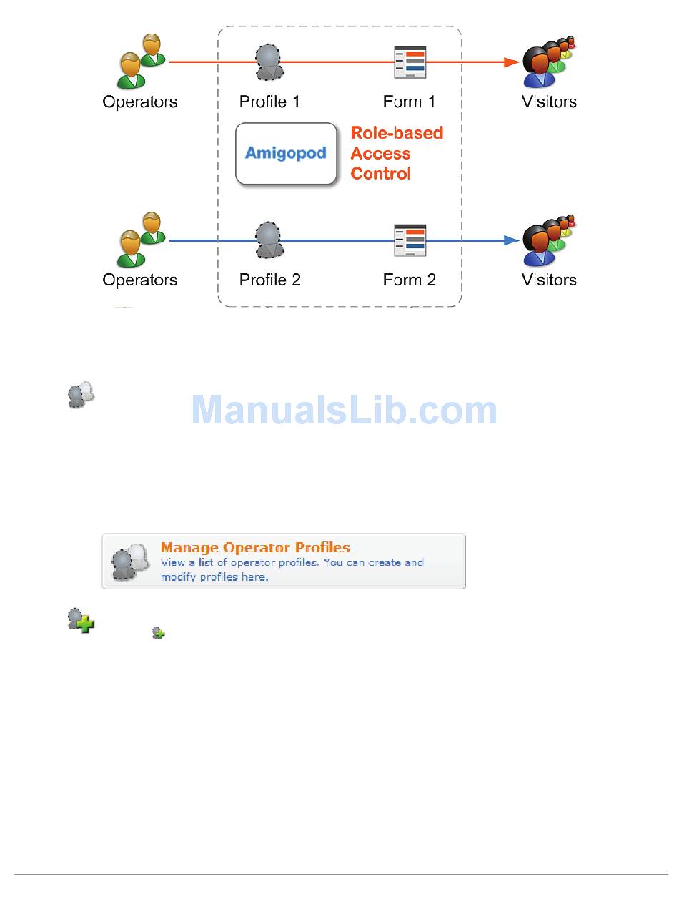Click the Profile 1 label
(269, 102)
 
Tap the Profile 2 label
(269, 280)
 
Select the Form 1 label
(409, 102)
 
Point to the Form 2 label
(409, 280)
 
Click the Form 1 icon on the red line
(410, 62)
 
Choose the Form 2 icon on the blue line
(410, 240)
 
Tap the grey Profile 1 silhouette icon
(267, 62)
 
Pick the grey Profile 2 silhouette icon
(267, 240)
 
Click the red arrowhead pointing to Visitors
(511, 62)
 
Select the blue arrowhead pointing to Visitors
(511, 240)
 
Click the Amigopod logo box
(286, 154)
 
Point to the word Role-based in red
(397, 133)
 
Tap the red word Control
(381, 174)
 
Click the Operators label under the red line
(140, 102)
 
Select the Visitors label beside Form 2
(549, 280)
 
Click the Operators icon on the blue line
(141, 239)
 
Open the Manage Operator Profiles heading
(255, 547)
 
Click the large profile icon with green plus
(81, 620)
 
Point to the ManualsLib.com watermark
(344, 410)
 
